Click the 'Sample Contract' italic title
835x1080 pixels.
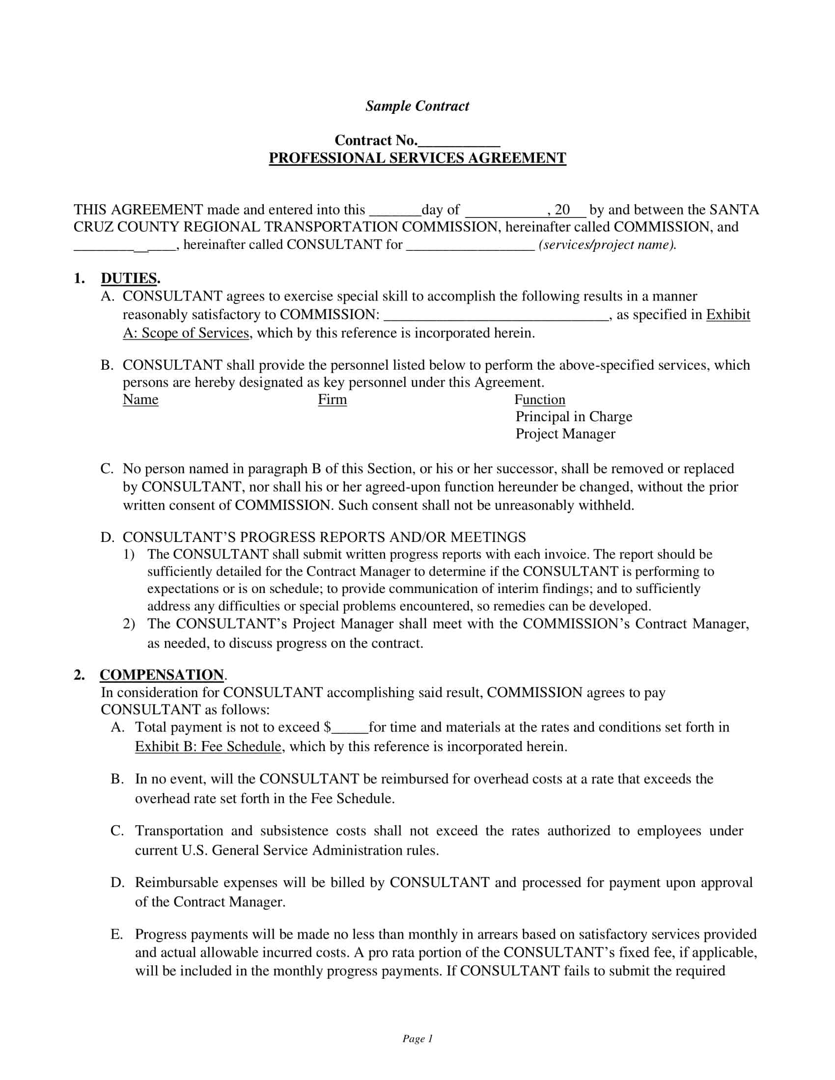(x=417, y=106)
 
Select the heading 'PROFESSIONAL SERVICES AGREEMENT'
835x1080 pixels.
(x=417, y=158)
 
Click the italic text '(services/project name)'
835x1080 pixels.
(x=607, y=244)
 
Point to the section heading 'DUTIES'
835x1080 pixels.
(x=129, y=278)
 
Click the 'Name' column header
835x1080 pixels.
(x=140, y=400)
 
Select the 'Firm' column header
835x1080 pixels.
(x=332, y=400)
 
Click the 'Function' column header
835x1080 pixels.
(x=540, y=400)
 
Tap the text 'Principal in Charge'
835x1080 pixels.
(x=574, y=417)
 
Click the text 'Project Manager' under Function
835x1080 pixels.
(x=565, y=434)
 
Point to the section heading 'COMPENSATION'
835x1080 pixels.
(x=162, y=675)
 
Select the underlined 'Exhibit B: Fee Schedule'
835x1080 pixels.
(x=208, y=746)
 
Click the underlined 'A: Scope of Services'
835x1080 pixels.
(x=186, y=333)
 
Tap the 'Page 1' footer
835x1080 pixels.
(x=417, y=1038)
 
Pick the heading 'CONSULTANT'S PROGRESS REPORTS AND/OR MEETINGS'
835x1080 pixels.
(x=324, y=537)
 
